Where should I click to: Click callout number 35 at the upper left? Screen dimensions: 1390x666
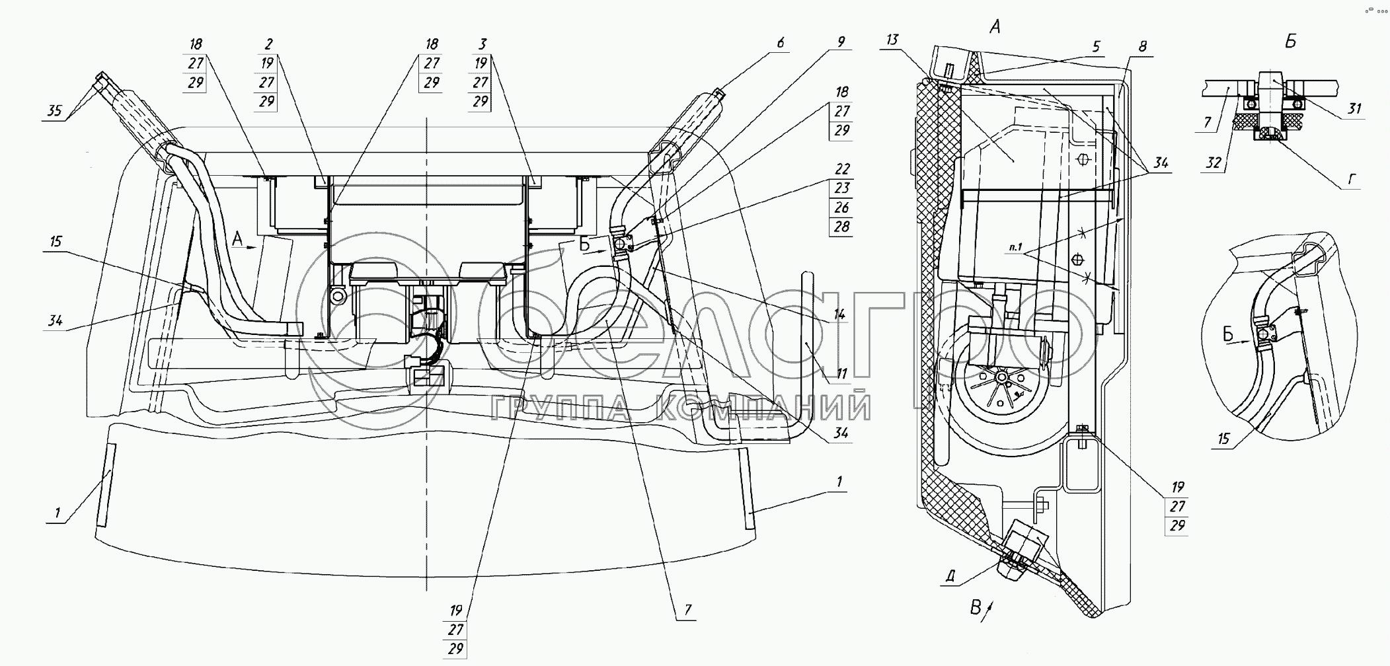tap(54, 110)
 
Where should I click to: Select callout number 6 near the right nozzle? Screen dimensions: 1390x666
tap(781, 43)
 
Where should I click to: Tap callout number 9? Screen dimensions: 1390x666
tap(841, 42)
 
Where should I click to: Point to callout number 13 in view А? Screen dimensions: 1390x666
tap(892, 40)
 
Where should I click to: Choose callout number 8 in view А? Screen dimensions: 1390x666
tap(1143, 46)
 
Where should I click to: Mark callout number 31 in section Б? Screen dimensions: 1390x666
tap(1355, 108)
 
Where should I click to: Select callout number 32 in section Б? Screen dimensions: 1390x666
tap(1214, 162)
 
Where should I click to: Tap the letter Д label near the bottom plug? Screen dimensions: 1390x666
tap(950, 576)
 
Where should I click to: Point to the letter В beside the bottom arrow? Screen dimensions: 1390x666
tap(976, 607)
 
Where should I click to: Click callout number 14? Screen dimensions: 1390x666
tap(839, 314)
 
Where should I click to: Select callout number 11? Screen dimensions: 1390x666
tap(841, 374)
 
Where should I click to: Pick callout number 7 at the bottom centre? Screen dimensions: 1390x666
tap(688, 610)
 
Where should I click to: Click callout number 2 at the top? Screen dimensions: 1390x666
tap(268, 44)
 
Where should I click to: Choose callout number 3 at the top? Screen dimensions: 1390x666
tap(483, 44)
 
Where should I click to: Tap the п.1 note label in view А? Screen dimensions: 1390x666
tap(1016, 248)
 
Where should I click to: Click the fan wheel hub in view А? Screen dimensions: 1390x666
tap(1001, 377)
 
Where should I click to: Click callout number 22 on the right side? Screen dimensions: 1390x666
tap(841, 169)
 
